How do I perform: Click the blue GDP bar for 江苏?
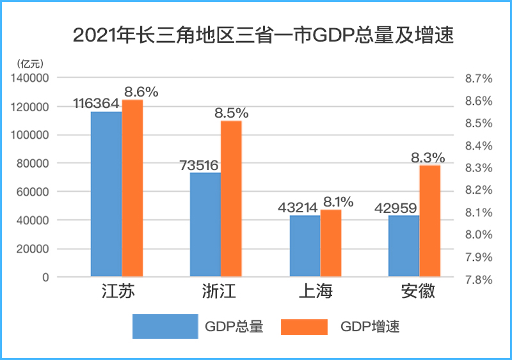pos(106,194)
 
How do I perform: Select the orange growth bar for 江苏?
pos(132,189)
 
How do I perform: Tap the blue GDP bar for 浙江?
pos(205,224)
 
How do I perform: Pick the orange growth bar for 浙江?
pos(231,199)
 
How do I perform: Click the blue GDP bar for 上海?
pos(305,246)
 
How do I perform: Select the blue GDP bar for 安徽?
pos(404,246)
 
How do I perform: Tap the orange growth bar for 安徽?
pos(430,221)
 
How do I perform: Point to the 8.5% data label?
pos(231,113)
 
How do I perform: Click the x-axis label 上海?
pos(316,293)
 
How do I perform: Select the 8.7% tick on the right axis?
pos(478,79)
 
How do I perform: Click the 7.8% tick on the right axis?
pos(478,279)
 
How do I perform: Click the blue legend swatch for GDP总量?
pos(165,326)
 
